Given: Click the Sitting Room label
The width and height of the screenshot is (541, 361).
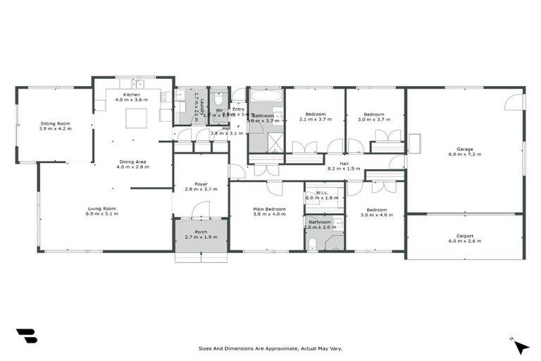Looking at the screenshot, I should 56,123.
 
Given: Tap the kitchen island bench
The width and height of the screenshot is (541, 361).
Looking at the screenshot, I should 135,118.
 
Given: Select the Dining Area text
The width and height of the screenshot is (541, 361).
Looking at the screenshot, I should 132,161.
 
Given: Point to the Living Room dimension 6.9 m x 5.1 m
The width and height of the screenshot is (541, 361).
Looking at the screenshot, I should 101,214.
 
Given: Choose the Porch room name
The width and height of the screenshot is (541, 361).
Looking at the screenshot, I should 201,231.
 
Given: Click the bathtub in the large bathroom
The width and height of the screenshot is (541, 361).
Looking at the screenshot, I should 266,95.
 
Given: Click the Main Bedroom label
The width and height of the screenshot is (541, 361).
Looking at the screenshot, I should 269,209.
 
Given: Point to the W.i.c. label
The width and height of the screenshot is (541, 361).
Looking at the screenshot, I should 323,192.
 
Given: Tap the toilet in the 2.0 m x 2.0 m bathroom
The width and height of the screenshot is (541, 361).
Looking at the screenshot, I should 313,244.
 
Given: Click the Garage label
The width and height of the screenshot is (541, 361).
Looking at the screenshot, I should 464,149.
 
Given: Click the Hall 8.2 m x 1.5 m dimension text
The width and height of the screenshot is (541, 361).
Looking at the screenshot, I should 344,169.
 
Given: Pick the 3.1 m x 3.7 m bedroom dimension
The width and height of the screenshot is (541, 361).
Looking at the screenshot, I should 314,120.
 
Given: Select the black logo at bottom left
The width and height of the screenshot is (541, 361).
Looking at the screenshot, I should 26,336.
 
